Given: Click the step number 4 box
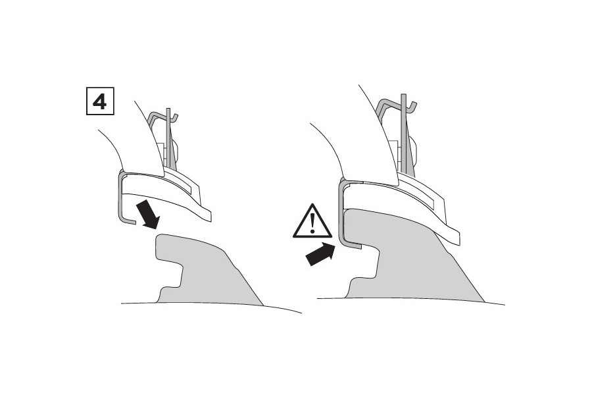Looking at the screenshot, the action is (100, 101).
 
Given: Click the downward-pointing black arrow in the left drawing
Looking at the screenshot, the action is (149, 215).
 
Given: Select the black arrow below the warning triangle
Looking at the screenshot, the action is (320, 254).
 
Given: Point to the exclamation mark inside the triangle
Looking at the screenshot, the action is (312, 223).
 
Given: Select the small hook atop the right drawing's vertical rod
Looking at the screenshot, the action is (412, 106).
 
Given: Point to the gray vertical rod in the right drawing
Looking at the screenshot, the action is (404, 132).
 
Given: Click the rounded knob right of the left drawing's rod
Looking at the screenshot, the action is (175, 150).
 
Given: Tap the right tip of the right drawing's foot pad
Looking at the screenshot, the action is (459, 239).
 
